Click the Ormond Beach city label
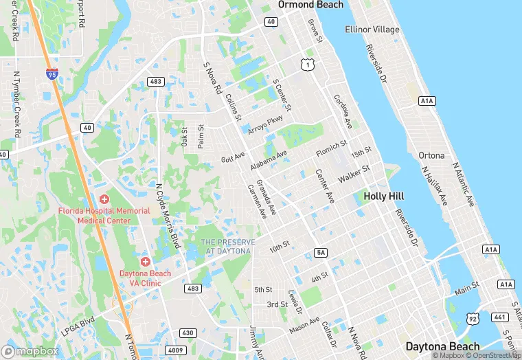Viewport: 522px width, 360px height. [310, 5]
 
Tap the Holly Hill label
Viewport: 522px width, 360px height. [383, 196]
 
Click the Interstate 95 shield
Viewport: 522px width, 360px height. [52, 73]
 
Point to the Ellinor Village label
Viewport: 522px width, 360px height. [372, 30]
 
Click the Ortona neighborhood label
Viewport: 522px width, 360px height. [433, 155]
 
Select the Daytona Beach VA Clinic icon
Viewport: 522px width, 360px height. [145, 262]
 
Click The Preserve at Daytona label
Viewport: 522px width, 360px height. [228, 247]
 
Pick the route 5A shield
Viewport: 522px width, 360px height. [321, 253]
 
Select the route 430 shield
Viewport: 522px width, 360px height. [188, 333]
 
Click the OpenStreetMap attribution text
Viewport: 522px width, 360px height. [494, 355]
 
